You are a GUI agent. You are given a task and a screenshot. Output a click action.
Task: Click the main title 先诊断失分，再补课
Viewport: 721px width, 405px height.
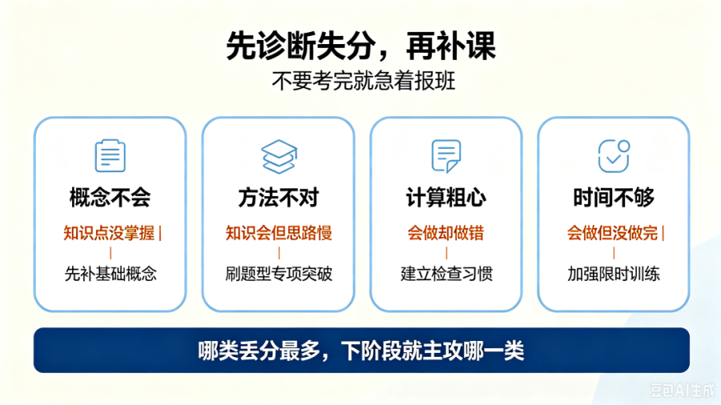[361, 46]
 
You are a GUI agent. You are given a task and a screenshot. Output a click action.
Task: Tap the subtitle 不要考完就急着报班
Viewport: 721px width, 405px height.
[363, 82]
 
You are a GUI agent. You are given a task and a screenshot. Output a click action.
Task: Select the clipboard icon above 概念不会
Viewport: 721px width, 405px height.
[110, 155]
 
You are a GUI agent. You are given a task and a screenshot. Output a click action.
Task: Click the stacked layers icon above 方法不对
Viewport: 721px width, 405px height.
[279, 157]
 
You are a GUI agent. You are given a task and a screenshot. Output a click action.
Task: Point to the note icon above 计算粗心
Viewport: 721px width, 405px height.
[446, 156]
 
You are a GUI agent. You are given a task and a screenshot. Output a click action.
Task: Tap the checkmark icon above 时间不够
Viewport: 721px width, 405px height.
[614, 156]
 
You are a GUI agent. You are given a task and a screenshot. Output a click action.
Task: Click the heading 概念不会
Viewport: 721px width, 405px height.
[111, 198]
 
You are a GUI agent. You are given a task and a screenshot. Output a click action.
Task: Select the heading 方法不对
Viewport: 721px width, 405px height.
[279, 198]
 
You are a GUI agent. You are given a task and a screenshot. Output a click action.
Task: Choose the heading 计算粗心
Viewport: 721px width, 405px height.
[446, 198]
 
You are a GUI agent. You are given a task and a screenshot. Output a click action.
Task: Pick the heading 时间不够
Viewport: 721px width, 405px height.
[614, 198]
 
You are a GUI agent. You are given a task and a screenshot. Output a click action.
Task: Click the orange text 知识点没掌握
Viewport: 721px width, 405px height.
[109, 233]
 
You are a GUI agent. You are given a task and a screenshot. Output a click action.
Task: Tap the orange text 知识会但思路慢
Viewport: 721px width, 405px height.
[279, 233]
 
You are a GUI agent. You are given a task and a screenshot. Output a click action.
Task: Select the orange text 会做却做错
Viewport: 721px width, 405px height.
[446, 233]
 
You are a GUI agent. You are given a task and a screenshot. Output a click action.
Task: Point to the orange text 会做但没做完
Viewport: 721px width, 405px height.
[612, 233]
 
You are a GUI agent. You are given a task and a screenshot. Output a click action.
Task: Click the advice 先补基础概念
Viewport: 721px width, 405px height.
[111, 274]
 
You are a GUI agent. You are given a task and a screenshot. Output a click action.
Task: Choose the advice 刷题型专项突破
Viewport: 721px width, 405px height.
[279, 274]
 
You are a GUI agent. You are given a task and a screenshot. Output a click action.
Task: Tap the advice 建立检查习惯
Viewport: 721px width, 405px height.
[446, 274]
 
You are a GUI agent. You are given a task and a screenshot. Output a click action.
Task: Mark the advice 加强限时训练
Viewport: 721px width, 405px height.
[614, 274]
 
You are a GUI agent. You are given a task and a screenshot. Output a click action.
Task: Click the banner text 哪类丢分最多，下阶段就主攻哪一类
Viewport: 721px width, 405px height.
[361, 351]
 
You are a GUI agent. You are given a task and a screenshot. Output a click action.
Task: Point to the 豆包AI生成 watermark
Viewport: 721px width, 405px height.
[683, 390]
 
